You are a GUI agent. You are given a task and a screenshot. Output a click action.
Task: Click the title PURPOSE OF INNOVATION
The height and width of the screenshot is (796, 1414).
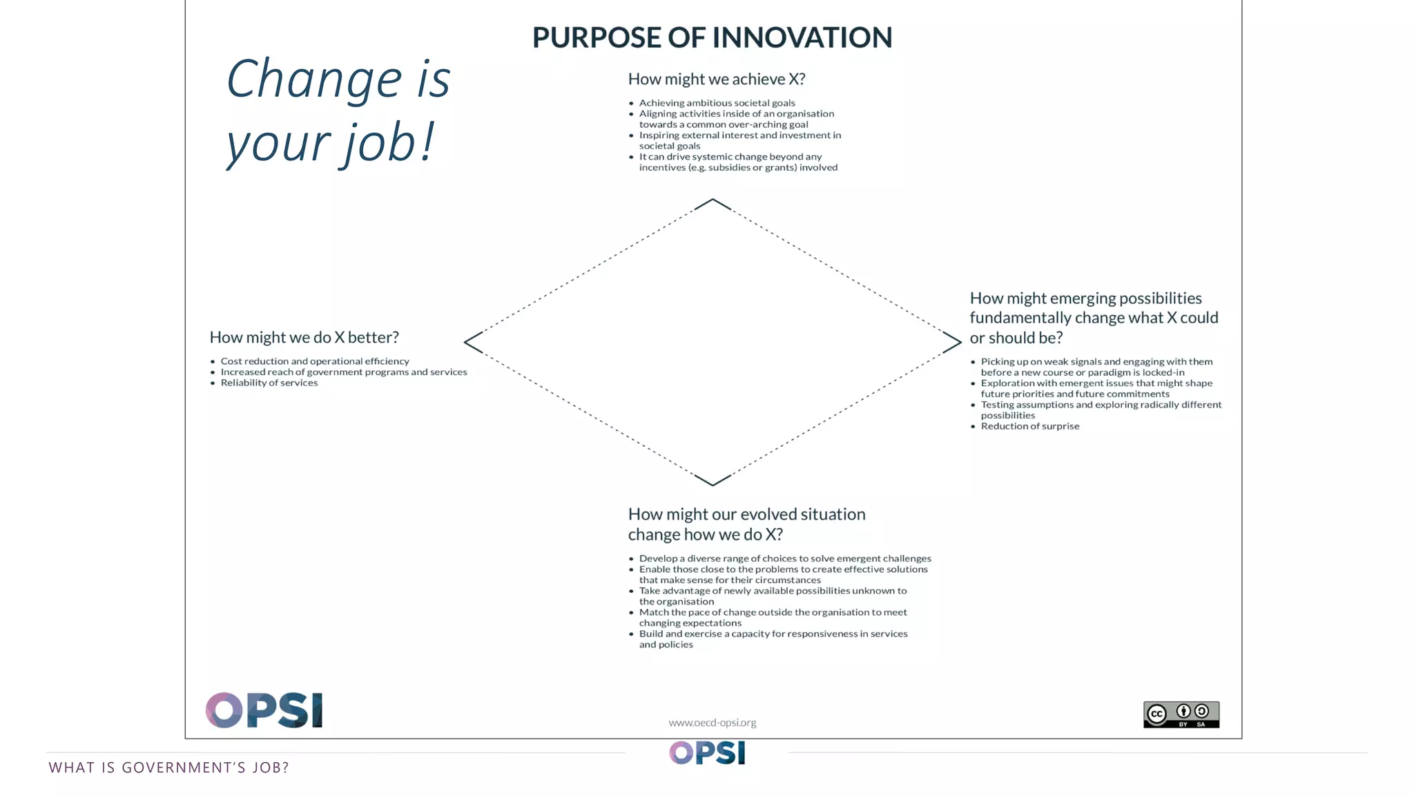coord(712,37)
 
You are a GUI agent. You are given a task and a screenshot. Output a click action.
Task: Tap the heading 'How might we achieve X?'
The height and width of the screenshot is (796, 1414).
coord(716,79)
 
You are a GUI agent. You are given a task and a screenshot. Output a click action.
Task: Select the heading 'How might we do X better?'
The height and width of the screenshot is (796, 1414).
coord(304,337)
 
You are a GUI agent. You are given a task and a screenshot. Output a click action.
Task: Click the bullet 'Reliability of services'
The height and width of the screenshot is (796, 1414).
coord(269,383)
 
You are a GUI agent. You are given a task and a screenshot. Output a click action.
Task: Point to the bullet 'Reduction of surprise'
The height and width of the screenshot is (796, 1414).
coord(1029,426)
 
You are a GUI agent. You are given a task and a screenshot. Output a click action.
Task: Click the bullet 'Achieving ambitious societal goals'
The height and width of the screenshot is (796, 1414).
coord(717,103)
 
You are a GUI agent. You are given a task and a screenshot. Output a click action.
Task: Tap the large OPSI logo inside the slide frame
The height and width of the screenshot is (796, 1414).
coord(264,710)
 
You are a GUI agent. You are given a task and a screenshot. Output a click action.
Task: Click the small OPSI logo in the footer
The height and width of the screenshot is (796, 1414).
coord(707,752)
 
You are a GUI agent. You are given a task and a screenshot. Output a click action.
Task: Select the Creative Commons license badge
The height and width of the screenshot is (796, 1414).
coord(1181,714)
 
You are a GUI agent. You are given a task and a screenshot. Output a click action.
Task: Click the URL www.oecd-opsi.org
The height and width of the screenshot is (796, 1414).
coord(712,723)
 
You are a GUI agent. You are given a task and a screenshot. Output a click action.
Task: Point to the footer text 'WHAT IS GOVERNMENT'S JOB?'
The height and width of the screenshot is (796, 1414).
coord(168,768)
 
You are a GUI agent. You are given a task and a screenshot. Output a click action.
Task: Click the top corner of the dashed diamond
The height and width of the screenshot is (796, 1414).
coord(713,200)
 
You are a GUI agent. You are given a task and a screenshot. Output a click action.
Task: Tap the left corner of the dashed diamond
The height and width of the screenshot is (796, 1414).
coord(466,342)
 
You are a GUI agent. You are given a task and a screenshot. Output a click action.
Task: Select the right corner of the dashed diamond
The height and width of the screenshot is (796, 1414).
coord(959,342)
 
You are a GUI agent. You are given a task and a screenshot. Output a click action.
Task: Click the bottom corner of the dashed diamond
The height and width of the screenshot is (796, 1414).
coord(713,484)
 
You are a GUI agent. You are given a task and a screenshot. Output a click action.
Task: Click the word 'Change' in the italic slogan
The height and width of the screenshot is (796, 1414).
coord(314,79)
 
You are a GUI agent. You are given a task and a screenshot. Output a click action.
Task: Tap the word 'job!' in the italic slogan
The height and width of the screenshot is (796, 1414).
coord(389,144)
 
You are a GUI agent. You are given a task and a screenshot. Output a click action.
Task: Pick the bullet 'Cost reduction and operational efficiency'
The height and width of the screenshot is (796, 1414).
coord(314,361)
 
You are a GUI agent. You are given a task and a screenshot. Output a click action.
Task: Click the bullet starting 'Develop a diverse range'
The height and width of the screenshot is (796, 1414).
coord(784,558)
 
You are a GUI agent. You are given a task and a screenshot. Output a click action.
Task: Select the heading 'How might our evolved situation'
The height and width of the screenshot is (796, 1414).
coord(746,515)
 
